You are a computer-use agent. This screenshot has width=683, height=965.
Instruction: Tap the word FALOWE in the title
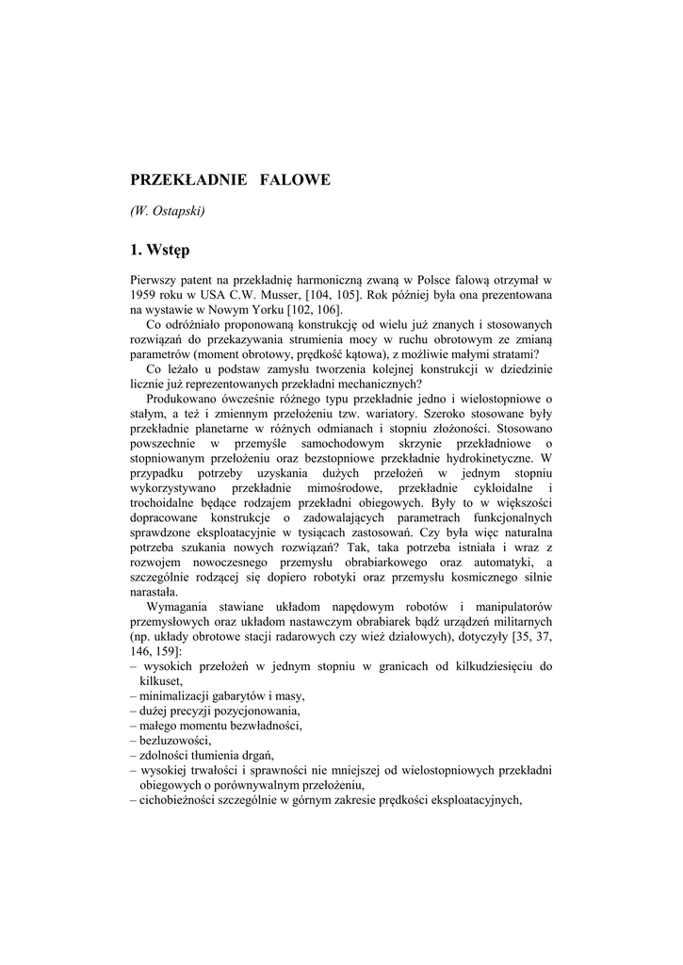[295, 179]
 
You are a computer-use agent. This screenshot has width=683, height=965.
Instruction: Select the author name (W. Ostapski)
[167, 211]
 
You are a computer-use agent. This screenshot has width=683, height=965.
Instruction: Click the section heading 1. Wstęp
[160, 250]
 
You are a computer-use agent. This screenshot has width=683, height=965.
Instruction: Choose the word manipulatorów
[504, 608]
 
